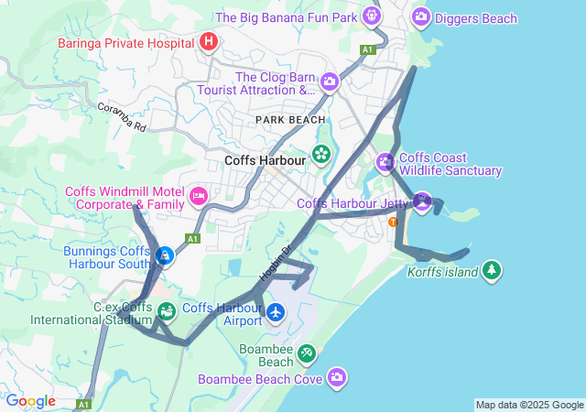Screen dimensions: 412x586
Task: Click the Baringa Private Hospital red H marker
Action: coord(209,41)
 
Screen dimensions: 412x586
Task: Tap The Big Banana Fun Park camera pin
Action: coord(371,16)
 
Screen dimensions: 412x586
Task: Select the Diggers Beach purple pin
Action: coord(421,16)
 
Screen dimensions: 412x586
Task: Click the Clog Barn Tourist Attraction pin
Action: coord(330,83)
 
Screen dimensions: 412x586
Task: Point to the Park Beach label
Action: coord(290,120)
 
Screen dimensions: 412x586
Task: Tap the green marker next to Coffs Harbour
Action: coord(321,153)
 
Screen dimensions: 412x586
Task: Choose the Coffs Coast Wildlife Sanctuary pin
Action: coord(385,163)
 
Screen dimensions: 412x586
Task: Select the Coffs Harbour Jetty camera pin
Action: coord(421,201)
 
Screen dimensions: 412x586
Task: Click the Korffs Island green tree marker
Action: coord(493,270)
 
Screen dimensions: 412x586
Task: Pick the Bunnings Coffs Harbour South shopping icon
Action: coord(164,256)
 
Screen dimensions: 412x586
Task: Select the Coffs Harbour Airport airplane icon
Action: coord(276,313)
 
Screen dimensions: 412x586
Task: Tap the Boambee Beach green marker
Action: coord(308,352)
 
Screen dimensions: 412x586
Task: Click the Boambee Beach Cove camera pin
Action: coord(338,377)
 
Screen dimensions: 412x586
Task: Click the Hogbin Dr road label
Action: coord(274,262)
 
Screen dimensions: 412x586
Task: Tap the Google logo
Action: coord(30,401)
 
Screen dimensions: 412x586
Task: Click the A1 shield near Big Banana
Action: coord(368,49)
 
